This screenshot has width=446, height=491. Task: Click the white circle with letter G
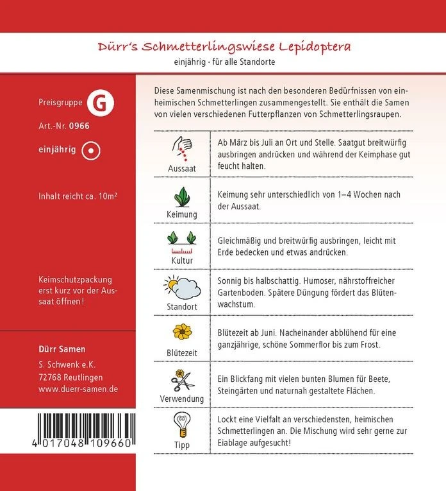coord(97,103)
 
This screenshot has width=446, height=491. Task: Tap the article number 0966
coord(79,126)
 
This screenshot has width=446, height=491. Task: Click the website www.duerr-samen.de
coord(78,389)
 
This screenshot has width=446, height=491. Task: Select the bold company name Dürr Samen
coord(63,349)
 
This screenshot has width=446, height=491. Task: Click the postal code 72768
coord(50,377)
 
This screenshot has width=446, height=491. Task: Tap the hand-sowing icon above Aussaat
coord(182,148)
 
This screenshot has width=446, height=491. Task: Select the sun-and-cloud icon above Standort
coord(182,286)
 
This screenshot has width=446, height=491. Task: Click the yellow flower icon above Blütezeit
coord(182,332)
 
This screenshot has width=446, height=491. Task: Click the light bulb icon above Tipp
coord(182,424)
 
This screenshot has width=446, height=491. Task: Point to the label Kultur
coord(182,261)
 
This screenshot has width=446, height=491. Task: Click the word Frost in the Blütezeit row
coord(368,345)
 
